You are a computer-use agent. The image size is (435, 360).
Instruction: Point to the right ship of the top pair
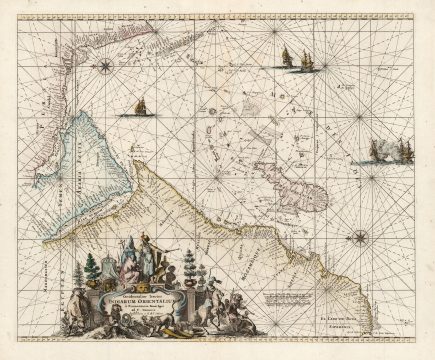[x=306, y=62]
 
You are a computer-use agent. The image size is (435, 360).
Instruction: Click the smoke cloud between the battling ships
[x=391, y=152]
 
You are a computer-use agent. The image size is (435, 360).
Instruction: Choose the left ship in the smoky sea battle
[x=377, y=151]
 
